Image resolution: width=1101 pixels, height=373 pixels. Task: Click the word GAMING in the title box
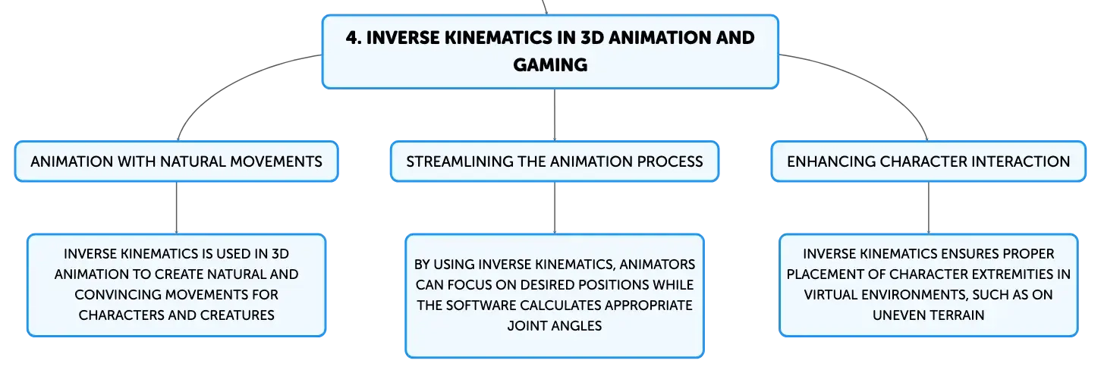(550, 64)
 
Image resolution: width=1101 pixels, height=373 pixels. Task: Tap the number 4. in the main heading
(354, 38)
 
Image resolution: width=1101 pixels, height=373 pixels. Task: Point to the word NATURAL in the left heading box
(191, 161)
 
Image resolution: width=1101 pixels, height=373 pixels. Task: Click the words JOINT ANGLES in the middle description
(555, 326)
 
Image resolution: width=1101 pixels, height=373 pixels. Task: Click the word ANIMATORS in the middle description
(657, 265)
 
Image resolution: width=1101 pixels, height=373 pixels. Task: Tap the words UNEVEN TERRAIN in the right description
(929, 315)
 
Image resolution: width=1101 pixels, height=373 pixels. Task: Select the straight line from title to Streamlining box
(555, 115)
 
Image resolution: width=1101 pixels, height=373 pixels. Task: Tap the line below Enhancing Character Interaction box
(929, 208)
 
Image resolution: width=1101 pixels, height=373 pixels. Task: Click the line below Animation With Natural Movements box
(177, 208)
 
